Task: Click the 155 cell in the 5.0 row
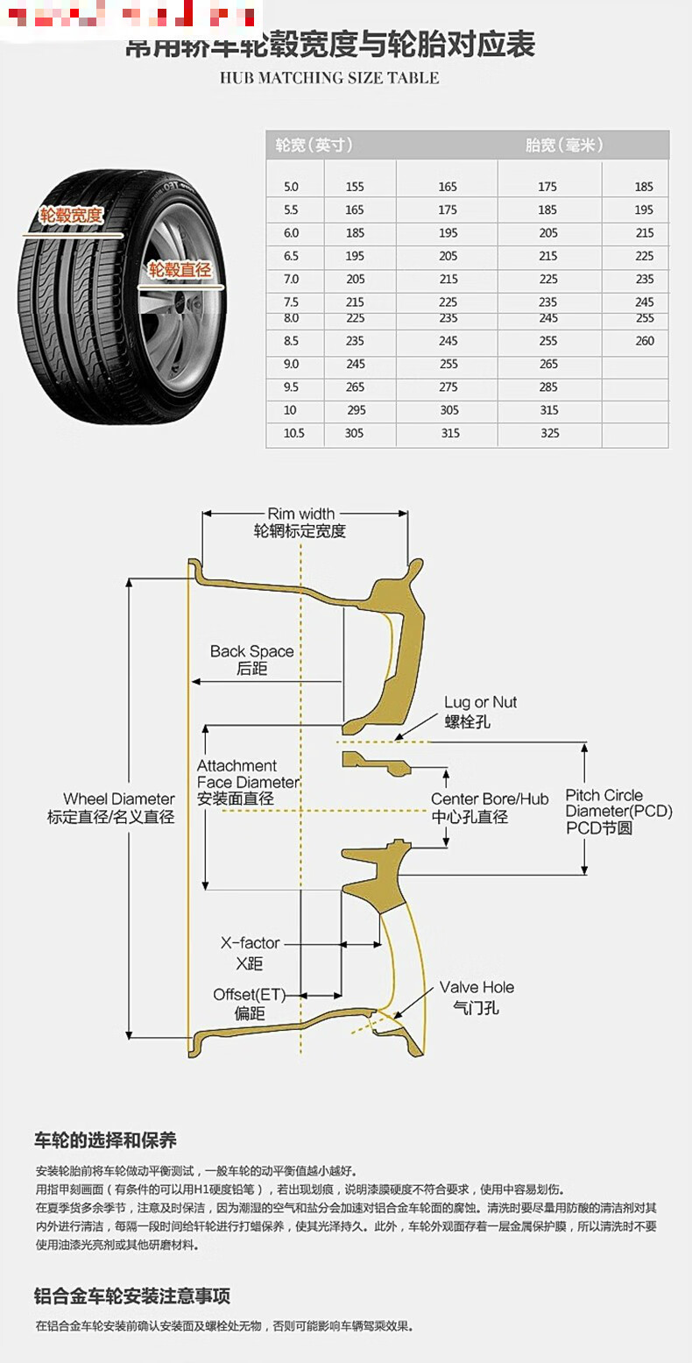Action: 354,187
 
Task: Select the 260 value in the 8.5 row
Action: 645,341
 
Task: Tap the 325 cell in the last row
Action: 549,433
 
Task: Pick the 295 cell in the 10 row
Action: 354,410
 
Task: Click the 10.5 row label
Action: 293,433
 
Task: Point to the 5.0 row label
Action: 291,187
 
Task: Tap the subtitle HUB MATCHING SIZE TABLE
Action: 329,78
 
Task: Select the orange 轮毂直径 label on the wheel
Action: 180,270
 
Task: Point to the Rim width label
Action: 300,514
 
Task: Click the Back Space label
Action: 251,651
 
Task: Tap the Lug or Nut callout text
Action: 480,702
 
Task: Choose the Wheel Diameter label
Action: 118,799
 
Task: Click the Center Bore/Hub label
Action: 489,799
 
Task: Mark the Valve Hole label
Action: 477,987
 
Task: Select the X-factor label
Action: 250,943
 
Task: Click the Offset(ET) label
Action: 249,995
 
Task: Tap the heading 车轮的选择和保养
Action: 105,1140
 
